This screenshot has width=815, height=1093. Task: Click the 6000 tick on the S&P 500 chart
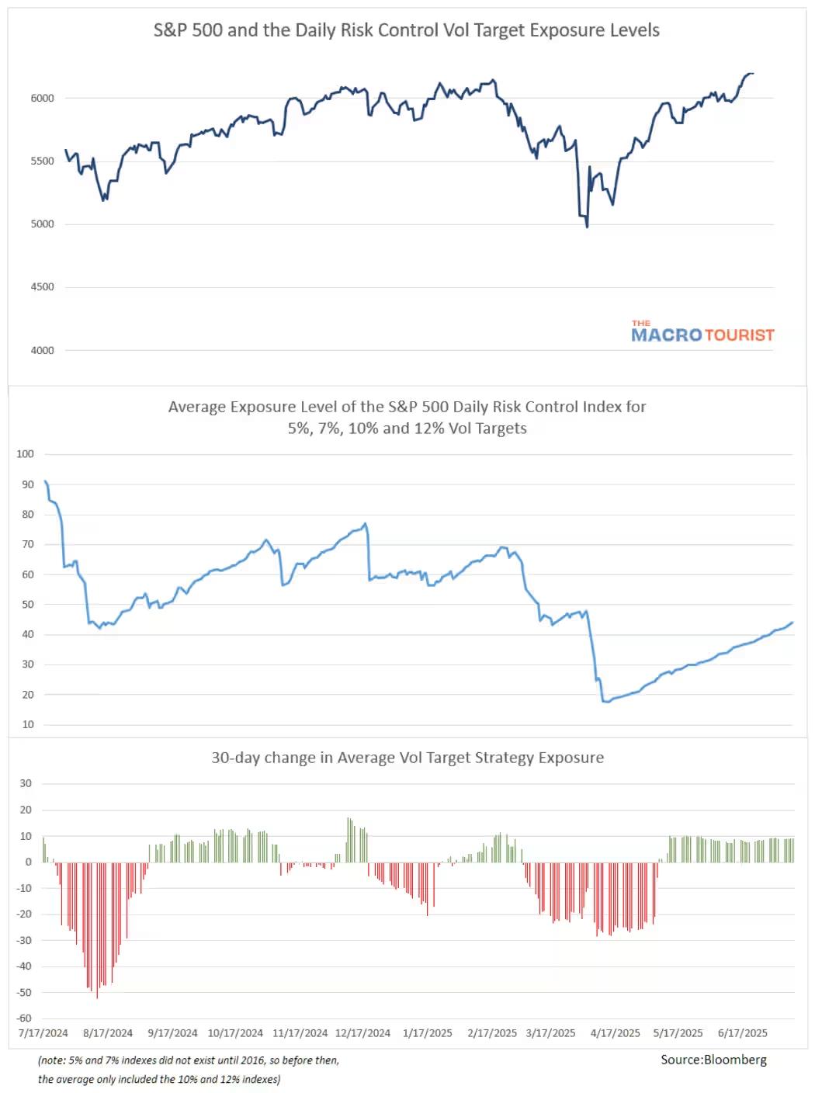tap(43, 99)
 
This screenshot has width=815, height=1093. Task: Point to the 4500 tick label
tap(43, 287)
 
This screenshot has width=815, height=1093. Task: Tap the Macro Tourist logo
tap(702, 333)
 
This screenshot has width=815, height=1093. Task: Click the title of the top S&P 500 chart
tap(406, 30)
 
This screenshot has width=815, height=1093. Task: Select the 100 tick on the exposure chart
tap(26, 454)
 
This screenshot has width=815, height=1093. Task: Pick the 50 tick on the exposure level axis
tap(28, 605)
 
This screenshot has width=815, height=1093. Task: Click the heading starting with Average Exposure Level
tap(407, 407)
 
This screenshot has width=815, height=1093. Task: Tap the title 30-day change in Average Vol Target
tap(407, 758)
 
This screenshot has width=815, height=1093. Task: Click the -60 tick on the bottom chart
tap(25, 1018)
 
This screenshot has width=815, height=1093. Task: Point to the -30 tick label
tap(25, 940)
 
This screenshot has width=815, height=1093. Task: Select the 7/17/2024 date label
tap(43, 1033)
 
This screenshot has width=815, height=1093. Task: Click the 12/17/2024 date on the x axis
tap(362, 1033)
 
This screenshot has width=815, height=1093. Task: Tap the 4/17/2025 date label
tap(616, 1033)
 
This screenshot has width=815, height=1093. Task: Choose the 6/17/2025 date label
tap(743, 1033)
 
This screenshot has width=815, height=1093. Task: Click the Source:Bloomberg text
tap(713, 1060)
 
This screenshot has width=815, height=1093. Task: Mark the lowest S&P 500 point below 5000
tap(587, 227)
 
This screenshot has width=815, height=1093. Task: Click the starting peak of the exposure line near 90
tap(46, 481)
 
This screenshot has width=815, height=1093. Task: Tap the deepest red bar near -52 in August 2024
tap(97, 997)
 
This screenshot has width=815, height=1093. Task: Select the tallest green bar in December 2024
tap(349, 818)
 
